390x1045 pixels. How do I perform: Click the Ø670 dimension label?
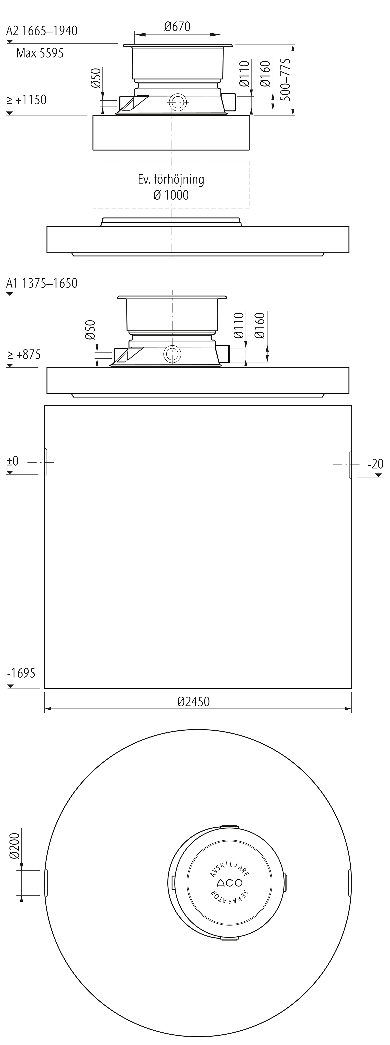click(177, 27)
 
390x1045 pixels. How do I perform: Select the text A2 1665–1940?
click(42, 31)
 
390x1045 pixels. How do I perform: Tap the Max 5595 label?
click(40, 53)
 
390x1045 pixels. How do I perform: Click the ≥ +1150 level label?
click(27, 100)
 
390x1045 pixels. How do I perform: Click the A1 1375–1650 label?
click(42, 283)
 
